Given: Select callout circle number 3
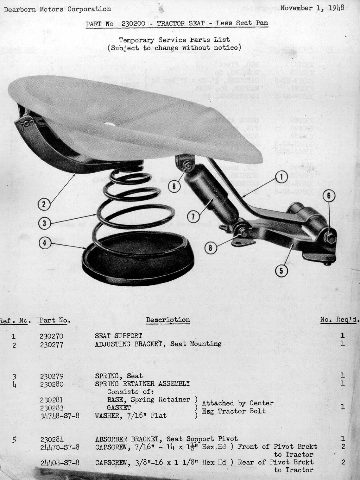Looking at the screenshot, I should [44, 223].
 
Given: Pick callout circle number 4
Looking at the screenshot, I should [44, 243].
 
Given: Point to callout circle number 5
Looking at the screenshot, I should [281, 271].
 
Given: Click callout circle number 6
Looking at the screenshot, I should [329, 196].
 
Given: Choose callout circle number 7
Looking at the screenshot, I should [193, 217].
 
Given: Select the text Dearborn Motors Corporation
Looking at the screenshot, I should [57, 9].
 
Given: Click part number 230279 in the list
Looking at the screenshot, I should [52, 376].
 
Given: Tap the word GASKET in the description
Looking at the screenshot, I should [119, 408].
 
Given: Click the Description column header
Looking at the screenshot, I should [168, 320].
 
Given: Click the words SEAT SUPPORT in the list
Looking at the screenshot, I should [118, 336].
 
